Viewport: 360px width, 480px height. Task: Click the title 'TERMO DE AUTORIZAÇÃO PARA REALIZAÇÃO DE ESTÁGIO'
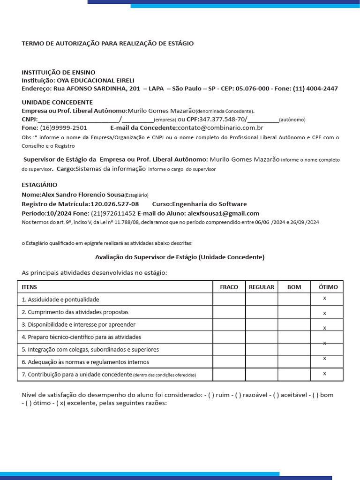[107, 44]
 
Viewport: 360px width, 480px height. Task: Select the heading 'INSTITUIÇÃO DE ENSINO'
[58, 72]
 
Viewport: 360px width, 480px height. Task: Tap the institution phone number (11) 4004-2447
[315, 89]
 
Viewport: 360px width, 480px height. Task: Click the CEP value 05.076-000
[252, 89]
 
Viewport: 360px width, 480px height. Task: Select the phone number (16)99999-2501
[63, 127]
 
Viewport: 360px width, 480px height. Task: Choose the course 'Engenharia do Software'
[209, 204]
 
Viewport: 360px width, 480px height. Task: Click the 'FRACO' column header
[229, 287]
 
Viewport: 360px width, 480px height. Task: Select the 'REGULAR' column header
[261, 287]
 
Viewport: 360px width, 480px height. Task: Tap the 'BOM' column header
[294, 287]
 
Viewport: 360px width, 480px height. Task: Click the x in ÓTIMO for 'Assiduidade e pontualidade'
[324, 298]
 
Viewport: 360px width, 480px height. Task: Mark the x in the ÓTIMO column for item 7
[324, 373]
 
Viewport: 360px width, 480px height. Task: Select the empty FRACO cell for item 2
[229, 312]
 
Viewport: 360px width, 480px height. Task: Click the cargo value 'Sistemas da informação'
[111, 169]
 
